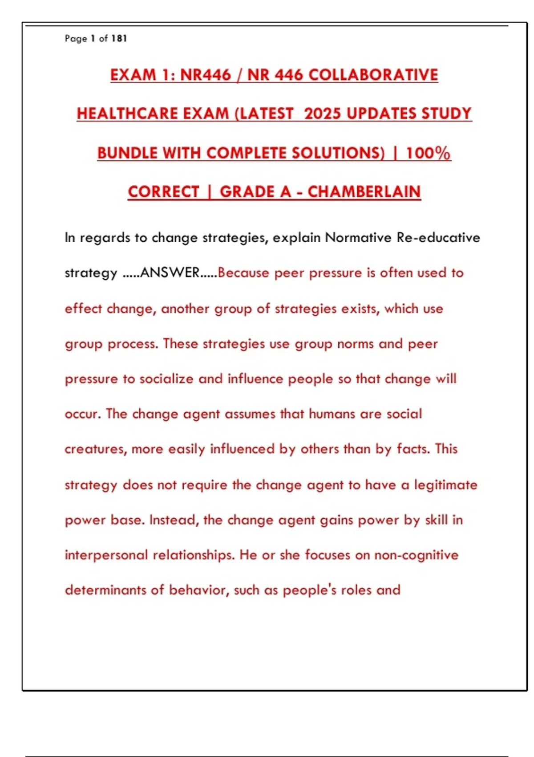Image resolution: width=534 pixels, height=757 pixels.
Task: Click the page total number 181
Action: tap(119, 39)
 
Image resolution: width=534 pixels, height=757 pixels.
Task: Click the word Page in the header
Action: tap(76, 39)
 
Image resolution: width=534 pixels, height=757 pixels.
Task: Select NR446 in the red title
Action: tap(206, 75)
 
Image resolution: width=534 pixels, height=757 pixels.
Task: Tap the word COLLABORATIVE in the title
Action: tap(373, 75)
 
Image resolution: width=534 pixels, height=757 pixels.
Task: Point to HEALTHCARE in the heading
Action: tap(127, 114)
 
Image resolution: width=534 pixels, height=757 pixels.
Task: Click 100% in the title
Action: tap(428, 153)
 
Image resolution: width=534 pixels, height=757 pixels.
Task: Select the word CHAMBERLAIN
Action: tap(364, 192)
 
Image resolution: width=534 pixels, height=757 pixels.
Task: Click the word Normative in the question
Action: tap(358, 237)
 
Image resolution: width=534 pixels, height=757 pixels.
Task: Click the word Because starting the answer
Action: tap(243, 273)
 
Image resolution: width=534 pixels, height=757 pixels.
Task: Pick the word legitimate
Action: tap(445, 484)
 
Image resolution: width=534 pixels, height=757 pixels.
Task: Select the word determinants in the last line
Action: tap(105, 590)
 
